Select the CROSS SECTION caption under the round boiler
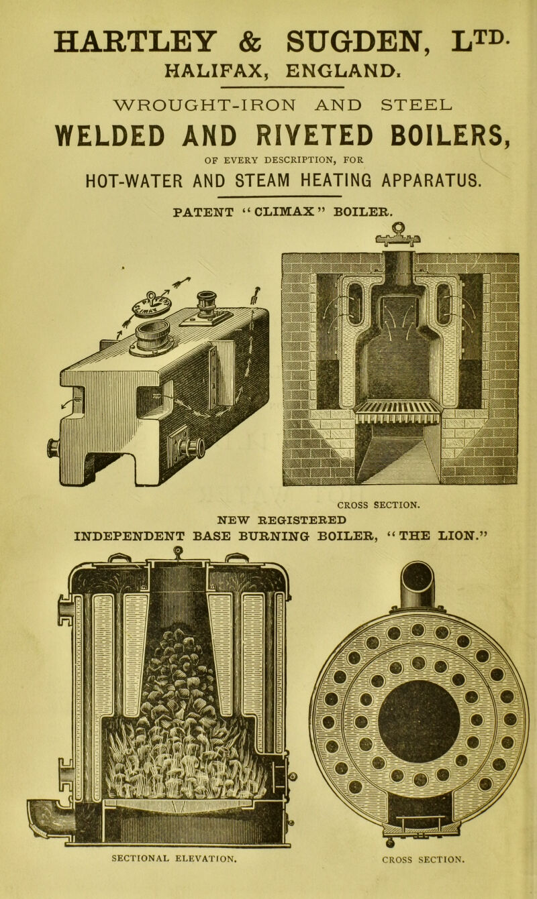click(x=418, y=877)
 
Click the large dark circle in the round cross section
click(x=418, y=721)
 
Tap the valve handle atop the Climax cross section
click(x=398, y=230)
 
